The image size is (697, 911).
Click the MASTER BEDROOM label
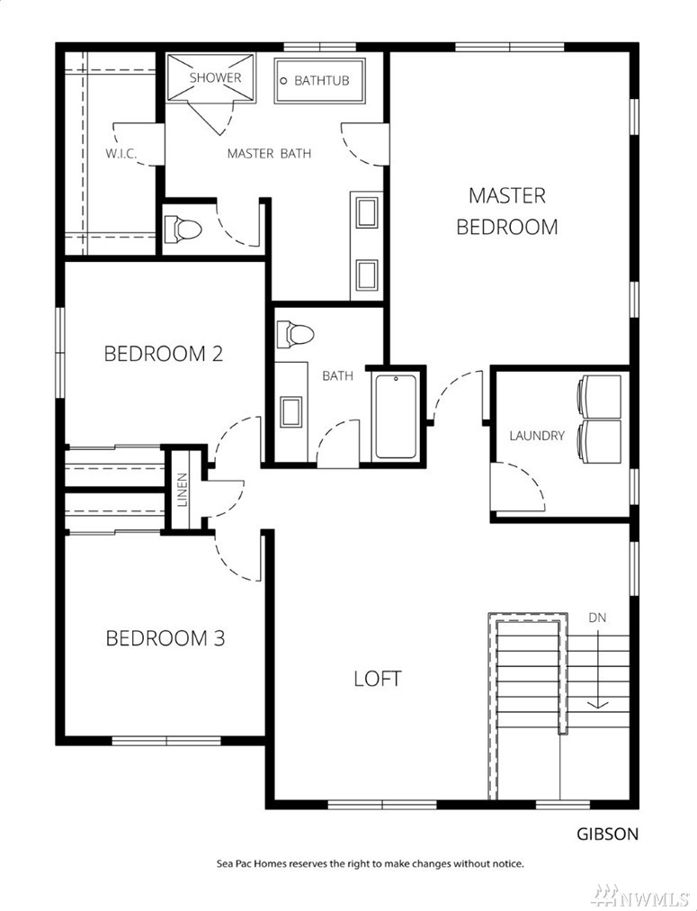point(506,211)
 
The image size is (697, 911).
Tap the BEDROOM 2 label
point(164,353)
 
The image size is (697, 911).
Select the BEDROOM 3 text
point(165,638)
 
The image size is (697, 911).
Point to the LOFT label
point(377,678)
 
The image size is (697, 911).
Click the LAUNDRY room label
point(537,435)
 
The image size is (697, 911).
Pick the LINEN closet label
point(183,489)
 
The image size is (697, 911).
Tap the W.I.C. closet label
point(121,154)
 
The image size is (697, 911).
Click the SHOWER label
point(215,77)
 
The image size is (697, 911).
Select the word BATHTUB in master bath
point(321,80)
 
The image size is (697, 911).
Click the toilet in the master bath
point(183,229)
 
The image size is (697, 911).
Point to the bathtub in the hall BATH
point(396,417)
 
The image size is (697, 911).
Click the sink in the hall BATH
point(290,411)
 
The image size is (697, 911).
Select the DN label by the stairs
point(597,618)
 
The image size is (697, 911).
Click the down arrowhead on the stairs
point(598,704)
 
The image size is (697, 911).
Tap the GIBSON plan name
point(607,834)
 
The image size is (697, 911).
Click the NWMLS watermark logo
point(640,895)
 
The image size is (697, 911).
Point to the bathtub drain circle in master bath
point(284,81)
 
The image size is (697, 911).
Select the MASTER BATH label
point(269,153)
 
